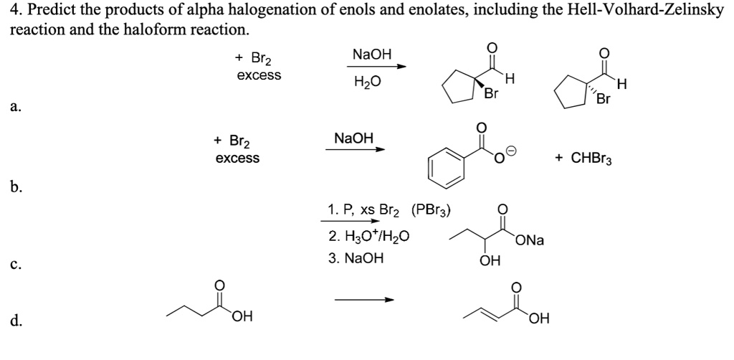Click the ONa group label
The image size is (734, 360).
[x=529, y=241]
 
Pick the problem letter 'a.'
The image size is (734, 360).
[x=16, y=108]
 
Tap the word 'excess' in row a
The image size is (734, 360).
[x=259, y=75]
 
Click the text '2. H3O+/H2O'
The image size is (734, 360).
[x=368, y=235]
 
